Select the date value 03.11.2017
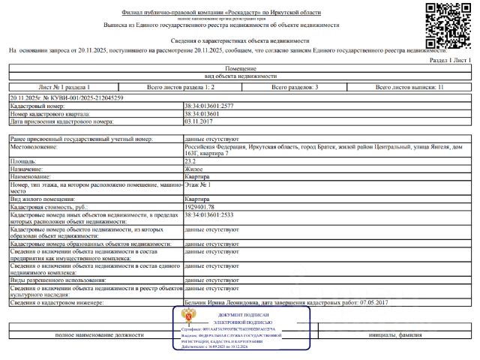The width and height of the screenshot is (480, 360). (x=198, y=121)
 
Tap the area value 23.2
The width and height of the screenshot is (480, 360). (x=190, y=160)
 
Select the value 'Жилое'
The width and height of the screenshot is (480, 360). (x=193, y=168)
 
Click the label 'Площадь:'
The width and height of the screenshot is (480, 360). (x=22, y=160)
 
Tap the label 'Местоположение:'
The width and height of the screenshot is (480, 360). (x=34, y=146)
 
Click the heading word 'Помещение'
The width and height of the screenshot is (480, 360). (x=240, y=68)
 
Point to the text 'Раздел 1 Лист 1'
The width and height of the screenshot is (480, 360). (x=448, y=59)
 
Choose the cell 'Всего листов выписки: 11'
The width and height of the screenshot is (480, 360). (x=409, y=87)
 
